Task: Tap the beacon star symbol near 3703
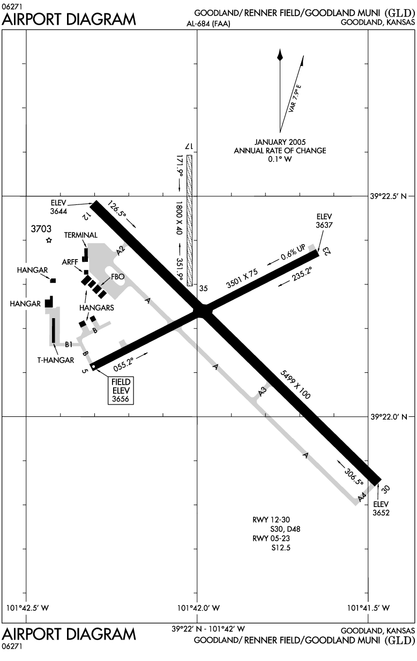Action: (49, 240)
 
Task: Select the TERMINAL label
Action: (80, 235)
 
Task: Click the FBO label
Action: (117, 276)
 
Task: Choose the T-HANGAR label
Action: (55, 360)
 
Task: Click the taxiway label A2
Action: (121, 249)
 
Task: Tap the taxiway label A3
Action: (262, 392)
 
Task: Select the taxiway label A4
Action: (363, 496)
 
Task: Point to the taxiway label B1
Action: (69, 344)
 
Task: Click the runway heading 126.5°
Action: (117, 211)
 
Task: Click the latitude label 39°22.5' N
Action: (389, 196)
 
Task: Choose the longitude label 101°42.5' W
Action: (27, 608)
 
